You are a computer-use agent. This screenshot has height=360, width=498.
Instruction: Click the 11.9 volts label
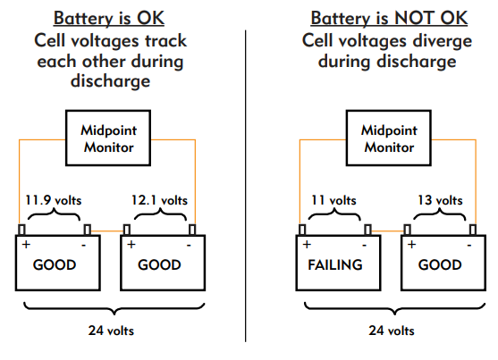coord(54,200)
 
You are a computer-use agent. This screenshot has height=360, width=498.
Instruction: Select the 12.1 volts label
coord(159,200)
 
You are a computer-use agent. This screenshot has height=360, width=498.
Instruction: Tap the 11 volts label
coord(333,200)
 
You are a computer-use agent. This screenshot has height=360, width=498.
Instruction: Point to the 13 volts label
coord(440,200)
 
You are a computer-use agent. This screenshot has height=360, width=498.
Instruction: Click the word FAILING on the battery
coord(335,264)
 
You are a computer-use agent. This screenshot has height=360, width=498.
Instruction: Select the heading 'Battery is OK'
coord(109,18)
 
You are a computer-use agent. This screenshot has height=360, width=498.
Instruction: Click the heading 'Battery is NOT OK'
coord(389,18)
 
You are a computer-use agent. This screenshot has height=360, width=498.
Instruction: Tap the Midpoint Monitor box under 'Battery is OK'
coord(108,138)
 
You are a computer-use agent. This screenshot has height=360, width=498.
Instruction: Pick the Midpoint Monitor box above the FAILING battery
coord(388,138)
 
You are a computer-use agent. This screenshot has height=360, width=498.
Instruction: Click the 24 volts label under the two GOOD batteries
coord(111,331)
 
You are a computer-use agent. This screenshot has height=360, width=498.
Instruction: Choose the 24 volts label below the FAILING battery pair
coord(392,331)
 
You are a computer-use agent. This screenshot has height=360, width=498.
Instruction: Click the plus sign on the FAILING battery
coord(307,245)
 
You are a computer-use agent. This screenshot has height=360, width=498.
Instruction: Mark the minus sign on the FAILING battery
coord(364,245)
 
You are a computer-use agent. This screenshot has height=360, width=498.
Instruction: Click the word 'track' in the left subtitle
coord(165,40)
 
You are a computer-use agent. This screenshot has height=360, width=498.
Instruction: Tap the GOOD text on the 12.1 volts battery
coord(159,264)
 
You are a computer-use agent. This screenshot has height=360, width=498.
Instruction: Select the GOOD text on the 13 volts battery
coord(440,264)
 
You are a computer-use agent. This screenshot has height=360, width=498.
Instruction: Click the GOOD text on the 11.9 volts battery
coord(55,264)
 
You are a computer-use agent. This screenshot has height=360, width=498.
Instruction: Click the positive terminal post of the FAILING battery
coord(302,230)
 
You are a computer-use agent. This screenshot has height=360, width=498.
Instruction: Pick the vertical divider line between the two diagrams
coord(246,186)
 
